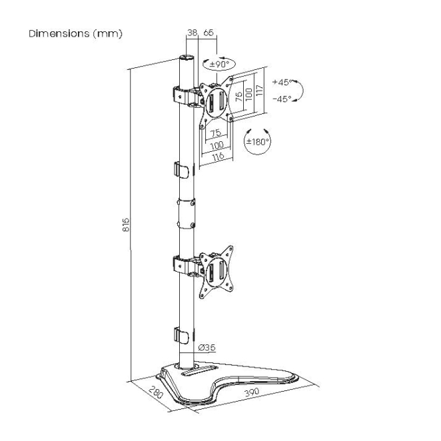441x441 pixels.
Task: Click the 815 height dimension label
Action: click(127, 224)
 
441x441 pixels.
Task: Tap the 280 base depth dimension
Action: click(155, 392)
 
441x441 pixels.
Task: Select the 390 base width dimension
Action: click(251, 392)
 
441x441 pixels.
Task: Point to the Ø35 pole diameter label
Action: click(207, 348)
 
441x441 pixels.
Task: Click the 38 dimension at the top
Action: click(192, 33)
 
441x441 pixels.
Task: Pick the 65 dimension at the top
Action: click(209, 33)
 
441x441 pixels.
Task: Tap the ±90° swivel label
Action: click(219, 65)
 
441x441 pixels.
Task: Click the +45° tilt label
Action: click(282, 82)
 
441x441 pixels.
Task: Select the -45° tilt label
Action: click(282, 99)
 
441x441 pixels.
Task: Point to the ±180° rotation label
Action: click(257, 141)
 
